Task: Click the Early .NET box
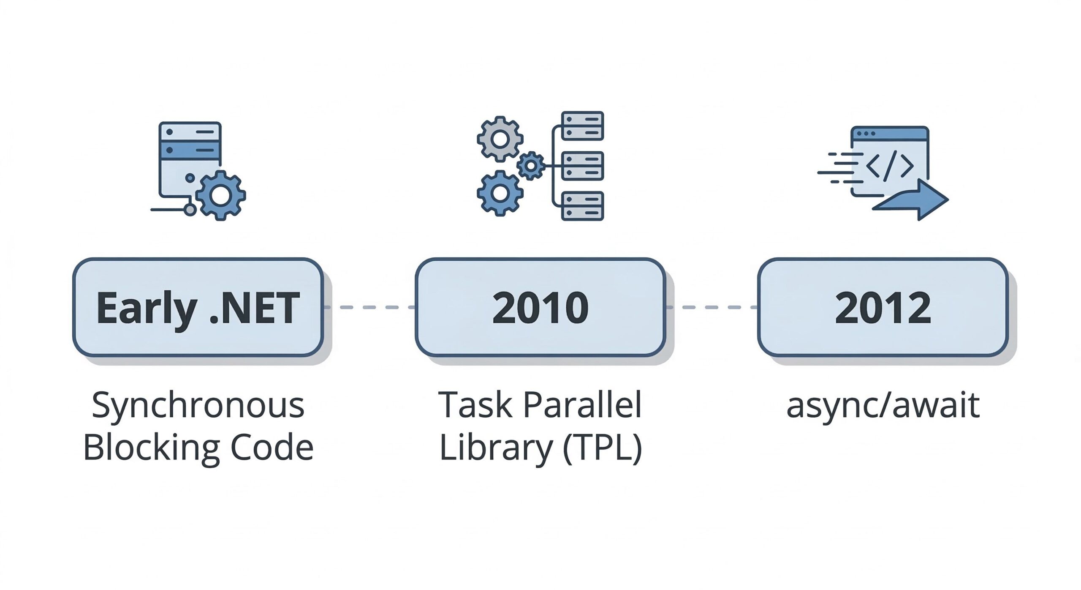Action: point(198,307)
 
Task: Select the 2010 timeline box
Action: point(540,307)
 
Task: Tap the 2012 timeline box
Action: point(883,307)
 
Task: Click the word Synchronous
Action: point(198,405)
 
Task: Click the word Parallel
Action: point(582,405)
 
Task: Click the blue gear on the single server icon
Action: point(220,195)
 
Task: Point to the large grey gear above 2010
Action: point(500,139)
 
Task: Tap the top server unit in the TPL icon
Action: point(582,126)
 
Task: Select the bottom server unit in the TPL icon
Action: point(582,206)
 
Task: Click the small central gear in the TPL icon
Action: point(530,166)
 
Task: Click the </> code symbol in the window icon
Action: point(889,166)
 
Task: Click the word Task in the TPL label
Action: point(475,405)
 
